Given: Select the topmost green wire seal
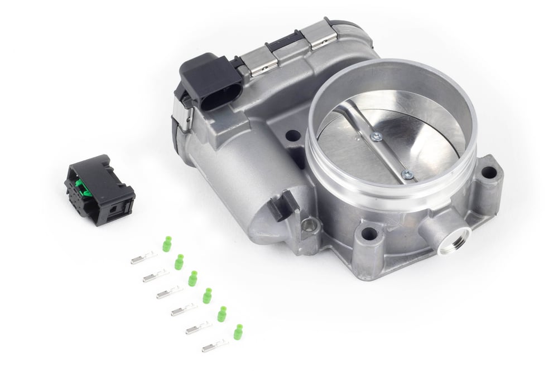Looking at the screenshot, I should coord(166,244).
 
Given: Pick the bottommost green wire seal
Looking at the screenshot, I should coord(238,332).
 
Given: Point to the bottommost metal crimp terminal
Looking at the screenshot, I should coord(215,346).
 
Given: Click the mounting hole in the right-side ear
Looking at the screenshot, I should coord(488,172).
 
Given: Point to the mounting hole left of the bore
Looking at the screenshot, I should coord(292,135).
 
